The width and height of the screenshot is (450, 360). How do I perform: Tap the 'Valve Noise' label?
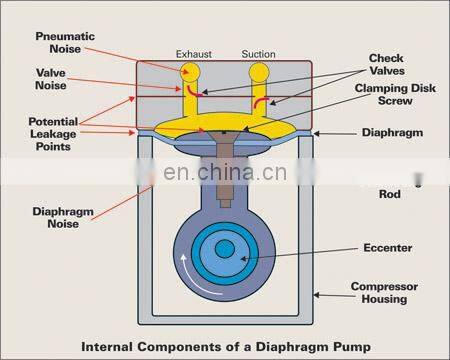point(51,78)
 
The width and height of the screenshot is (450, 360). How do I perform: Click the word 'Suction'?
point(259,53)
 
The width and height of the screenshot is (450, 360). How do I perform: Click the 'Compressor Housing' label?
point(384,291)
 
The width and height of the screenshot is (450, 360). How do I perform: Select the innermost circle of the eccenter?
point(224,247)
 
